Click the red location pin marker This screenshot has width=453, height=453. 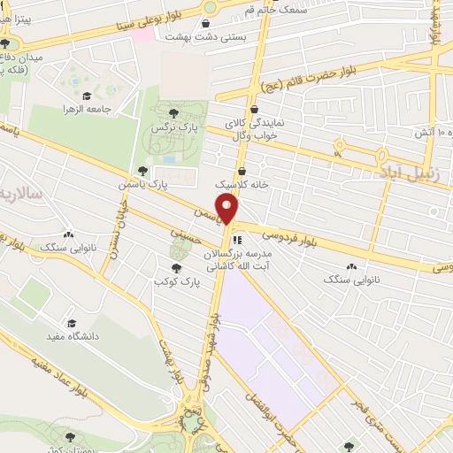[228, 211]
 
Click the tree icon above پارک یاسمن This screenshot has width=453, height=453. [142, 171]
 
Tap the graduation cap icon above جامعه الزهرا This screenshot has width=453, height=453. [87, 95]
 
